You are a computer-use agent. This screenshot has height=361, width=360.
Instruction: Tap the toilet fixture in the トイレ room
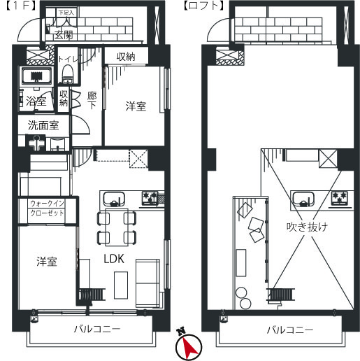pos(68,74)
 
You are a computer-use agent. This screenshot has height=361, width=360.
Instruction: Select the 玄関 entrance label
pos(64,35)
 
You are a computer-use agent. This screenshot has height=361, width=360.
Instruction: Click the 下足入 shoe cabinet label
pos(66,13)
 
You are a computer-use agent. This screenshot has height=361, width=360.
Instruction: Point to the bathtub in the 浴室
pos(36,76)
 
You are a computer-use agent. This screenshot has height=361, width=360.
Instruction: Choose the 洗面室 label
pos(43,125)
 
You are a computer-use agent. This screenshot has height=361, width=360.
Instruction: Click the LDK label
pos(114,258)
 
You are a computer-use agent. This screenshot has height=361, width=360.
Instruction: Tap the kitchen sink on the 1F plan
pos(114,199)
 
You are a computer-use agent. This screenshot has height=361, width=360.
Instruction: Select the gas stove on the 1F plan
pos(150,198)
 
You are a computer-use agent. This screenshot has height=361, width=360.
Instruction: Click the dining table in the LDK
pos(117,227)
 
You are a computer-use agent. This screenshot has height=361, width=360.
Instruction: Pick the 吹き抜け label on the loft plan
pos(307,227)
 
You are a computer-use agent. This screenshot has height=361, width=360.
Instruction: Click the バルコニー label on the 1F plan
pos(97,329)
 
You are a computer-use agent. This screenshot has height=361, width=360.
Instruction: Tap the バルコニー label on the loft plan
pos(290,330)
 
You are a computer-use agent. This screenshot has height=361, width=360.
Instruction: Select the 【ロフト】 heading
pos(203,6)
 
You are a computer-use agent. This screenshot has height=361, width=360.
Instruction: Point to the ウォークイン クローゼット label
pos(47,208)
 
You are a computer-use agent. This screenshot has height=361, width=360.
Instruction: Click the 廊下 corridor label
pos(92,100)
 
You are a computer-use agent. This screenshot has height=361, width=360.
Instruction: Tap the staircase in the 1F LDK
pos(92,295)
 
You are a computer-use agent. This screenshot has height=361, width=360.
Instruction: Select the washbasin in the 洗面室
pos(57,144)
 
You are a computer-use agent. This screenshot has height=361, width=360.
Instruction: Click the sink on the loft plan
pos(303,199)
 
